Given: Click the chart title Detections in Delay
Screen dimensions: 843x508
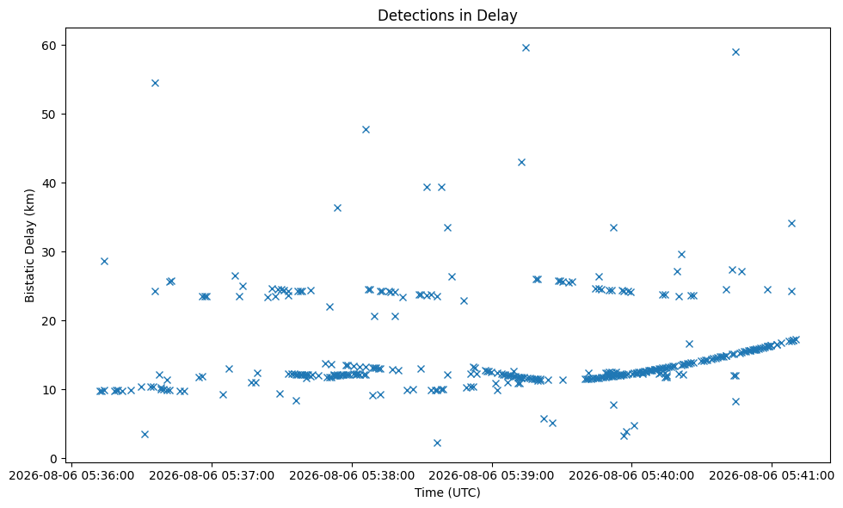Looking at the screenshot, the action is (x=447, y=15).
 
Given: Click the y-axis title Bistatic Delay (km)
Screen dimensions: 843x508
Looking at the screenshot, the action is (x=29, y=245).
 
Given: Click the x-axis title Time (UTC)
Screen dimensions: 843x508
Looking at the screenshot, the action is (x=447, y=493).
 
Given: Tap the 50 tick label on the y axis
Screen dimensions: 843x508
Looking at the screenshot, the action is (x=49, y=115).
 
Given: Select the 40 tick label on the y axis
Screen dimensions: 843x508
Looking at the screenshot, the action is (x=49, y=183).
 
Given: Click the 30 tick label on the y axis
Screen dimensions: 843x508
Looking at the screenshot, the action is (x=49, y=252).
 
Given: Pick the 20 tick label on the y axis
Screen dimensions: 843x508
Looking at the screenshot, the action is (x=49, y=321).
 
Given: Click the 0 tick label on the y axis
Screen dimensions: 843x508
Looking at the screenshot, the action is (x=52, y=459).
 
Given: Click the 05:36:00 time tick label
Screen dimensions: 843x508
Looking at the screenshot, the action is (x=72, y=476).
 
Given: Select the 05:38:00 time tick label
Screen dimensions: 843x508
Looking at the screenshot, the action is (x=352, y=476).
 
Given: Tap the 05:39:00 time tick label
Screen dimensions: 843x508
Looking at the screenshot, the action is (x=492, y=476).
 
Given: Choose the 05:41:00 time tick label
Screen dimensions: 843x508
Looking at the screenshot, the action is (x=772, y=476).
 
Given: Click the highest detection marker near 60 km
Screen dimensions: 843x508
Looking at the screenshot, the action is (x=526, y=48).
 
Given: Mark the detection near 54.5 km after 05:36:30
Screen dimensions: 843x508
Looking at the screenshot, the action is (x=155, y=83).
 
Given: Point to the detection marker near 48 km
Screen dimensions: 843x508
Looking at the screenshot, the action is (x=366, y=130).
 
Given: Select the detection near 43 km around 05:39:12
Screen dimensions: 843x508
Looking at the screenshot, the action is (x=521, y=163).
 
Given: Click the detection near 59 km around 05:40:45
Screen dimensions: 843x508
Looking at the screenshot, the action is (x=735, y=53).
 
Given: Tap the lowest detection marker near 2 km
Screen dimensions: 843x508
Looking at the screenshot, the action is (x=437, y=443).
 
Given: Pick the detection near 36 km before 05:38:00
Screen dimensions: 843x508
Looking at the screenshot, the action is (x=337, y=208).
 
